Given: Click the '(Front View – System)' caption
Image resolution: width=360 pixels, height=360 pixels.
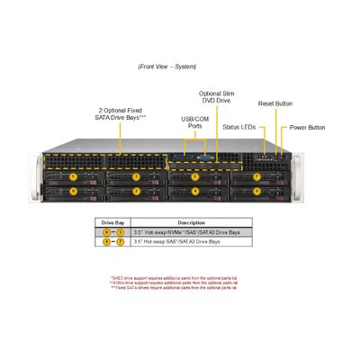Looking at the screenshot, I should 167,67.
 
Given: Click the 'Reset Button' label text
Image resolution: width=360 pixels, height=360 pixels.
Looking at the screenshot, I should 274,104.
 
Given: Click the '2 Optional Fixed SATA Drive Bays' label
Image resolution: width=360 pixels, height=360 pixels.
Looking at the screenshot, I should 120,114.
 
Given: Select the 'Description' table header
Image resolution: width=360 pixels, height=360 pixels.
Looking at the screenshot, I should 191,221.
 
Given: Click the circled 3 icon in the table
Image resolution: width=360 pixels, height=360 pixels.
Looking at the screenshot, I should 120,232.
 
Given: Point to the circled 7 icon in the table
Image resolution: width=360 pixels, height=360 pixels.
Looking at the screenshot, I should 120,242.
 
